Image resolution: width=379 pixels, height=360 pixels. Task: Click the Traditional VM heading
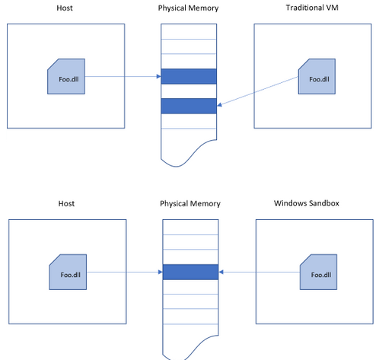point(312,8)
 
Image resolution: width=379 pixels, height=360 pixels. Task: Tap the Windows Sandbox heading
point(307,203)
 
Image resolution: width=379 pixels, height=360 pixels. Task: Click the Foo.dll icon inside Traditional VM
point(317,76)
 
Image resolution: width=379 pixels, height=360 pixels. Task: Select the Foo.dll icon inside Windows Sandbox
point(319,272)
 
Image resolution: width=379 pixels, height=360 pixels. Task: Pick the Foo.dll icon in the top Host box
point(66,76)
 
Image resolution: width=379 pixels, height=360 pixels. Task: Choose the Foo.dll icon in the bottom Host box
point(68,272)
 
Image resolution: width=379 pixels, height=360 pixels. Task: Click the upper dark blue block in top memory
point(189,76)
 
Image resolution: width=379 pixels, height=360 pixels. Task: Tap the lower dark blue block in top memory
point(189,106)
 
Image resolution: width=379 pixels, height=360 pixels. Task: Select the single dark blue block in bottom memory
point(190,272)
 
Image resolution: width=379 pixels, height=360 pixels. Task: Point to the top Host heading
point(65,8)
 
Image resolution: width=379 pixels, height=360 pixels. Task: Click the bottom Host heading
point(66,203)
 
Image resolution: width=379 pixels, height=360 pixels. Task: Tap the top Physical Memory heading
point(188,8)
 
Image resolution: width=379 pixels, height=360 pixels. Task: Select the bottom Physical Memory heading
point(190,204)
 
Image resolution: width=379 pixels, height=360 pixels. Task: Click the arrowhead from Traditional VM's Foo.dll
point(219,104)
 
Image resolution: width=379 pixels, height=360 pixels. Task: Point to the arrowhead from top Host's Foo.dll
point(159,76)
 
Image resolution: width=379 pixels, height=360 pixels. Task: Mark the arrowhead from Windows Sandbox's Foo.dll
point(221,272)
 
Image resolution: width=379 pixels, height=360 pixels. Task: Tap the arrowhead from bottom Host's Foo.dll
point(161,272)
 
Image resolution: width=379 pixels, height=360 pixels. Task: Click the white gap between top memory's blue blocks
point(189,91)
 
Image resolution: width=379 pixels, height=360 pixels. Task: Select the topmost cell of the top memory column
point(189,31)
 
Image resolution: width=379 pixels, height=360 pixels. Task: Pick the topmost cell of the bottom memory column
point(190,227)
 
